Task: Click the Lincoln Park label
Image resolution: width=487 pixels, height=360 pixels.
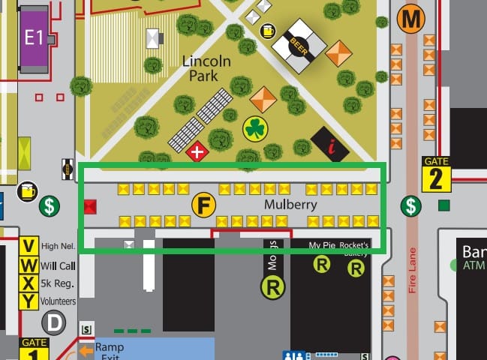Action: (211, 67)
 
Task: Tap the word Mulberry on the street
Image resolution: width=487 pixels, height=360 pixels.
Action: (290, 204)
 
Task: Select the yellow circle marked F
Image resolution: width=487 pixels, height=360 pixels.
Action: (203, 204)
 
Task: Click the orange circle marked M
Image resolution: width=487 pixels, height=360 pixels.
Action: (411, 16)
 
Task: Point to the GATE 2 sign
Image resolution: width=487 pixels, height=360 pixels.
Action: (436, 174)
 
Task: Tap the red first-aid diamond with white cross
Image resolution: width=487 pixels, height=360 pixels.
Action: (197, 152)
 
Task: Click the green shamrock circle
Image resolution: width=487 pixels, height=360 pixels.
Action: (255, 129)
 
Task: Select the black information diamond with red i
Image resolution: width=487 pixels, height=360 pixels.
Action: (329, 145)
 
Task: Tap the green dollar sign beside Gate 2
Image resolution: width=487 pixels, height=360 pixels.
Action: (410, 205)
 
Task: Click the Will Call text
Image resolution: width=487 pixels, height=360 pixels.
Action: (59, 265)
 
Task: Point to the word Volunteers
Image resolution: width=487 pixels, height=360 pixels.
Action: (59, 301)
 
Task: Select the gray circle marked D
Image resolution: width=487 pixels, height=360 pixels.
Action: (53, 324)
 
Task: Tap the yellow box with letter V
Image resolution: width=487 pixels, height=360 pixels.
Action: (29, 247)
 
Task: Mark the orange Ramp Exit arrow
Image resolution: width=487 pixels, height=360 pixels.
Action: (87, 349)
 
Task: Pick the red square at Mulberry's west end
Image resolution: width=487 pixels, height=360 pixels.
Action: (91, 206)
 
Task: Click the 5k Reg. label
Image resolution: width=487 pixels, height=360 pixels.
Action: (59, 283)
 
